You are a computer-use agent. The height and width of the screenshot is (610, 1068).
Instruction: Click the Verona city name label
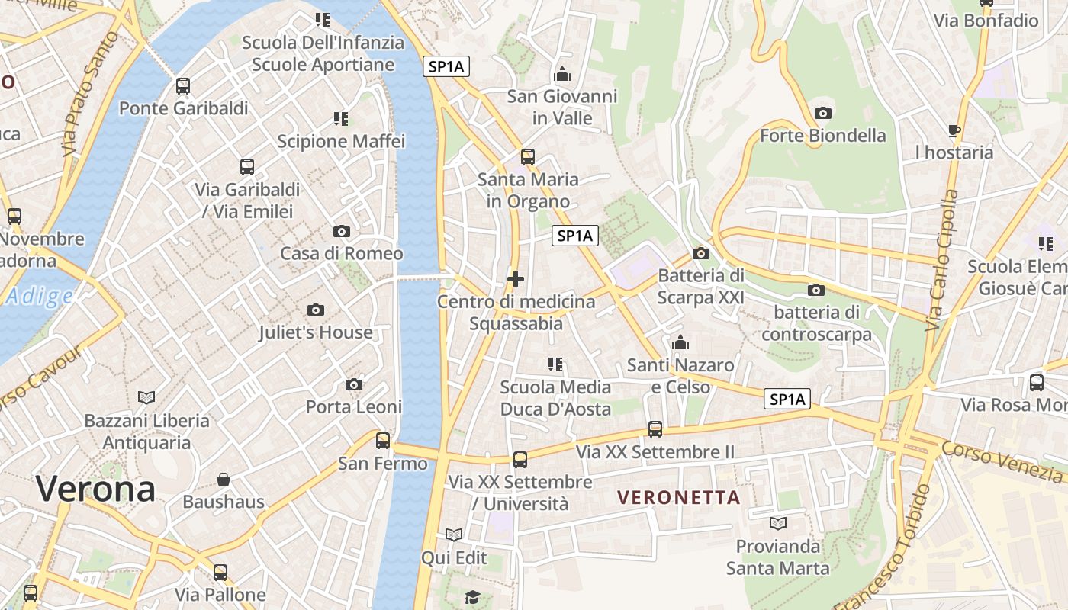point(95,488)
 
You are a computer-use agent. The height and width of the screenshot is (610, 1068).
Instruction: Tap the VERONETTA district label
point(679,498)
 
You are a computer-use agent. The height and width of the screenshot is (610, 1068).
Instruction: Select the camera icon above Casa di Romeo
point(342,231)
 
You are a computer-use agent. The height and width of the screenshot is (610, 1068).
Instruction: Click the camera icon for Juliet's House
point(316,310)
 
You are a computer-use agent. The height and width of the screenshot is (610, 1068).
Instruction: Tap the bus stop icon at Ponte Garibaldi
point(183,85)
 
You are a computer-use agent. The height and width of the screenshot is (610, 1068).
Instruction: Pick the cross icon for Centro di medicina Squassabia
point(516,279)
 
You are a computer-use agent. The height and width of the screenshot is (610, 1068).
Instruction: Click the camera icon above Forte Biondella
point(822,113)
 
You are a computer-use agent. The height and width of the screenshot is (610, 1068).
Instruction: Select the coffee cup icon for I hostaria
point(954,130)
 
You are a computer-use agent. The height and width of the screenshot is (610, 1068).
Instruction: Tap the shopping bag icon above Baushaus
point(224,480)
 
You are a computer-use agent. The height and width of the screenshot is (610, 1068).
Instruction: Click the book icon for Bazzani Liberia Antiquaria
point(146,397)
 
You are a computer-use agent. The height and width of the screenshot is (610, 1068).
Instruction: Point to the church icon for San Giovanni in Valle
point(562,74)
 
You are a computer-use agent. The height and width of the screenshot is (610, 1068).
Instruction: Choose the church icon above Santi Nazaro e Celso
point(680,342)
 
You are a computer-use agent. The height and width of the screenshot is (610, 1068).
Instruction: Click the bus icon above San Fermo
point(383,440)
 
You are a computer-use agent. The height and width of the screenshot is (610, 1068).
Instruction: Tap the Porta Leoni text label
point(354,406)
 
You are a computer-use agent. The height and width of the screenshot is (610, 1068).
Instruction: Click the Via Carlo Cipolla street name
point(941,259)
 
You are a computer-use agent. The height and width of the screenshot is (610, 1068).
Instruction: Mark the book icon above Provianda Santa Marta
point(778,523)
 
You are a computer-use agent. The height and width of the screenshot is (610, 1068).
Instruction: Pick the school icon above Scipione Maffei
point(341,118)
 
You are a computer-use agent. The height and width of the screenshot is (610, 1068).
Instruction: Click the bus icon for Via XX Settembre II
point(655,429)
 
